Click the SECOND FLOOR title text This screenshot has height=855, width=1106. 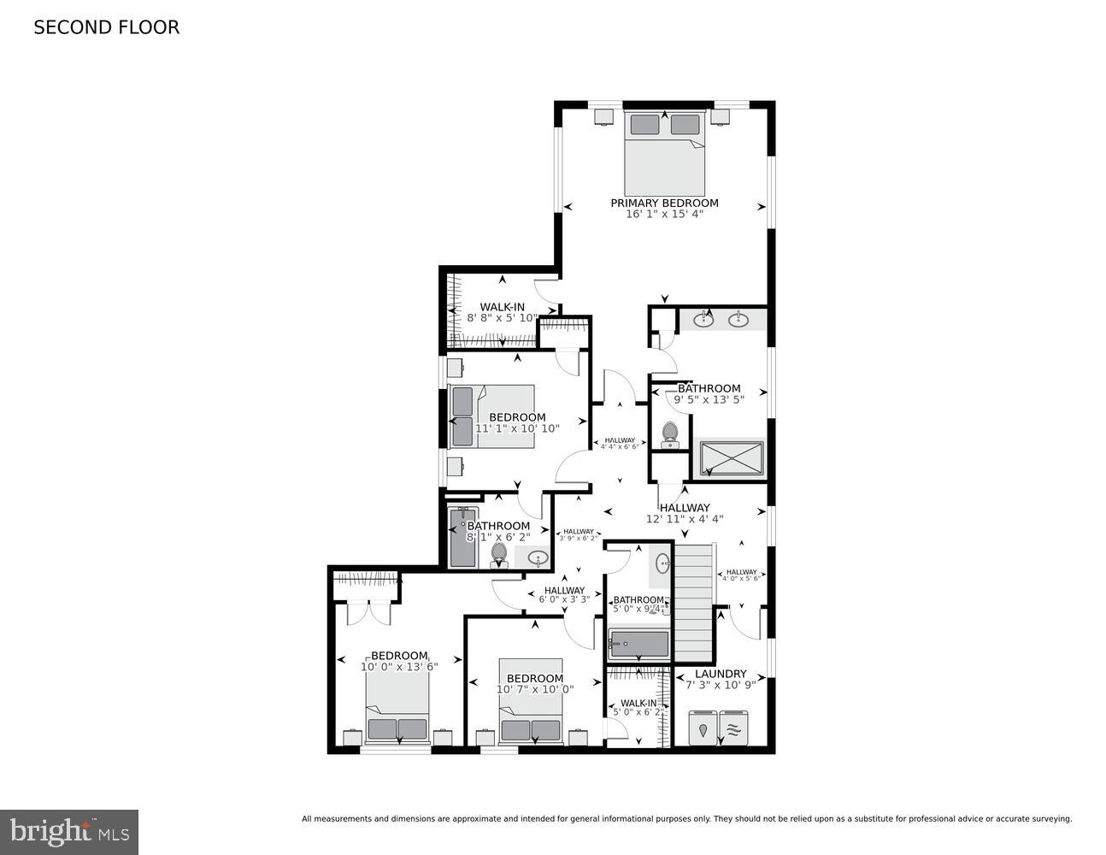click(x=106, y=27)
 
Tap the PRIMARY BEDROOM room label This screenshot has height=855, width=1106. click(x=664, y=203)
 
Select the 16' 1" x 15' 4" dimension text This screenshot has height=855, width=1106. click(x=664, y=214)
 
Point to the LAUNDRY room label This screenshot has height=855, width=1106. click(x=721, y=674)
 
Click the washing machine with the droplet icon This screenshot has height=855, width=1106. click(x=703, y=728)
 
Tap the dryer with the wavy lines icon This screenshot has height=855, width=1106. click(x=733, y=728)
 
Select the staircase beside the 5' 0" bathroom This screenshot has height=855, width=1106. click(x=694, y=603)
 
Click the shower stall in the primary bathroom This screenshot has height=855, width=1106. click(x=732, y=458)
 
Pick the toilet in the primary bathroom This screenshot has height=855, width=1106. click(x=669, y=433)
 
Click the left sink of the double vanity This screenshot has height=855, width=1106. click(x=703, y=320)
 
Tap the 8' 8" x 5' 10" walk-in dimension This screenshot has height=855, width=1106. click(x=502, y=318)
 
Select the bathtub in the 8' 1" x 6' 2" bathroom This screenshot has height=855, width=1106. click(x=462, y=537)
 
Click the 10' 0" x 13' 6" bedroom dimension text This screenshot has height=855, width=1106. click(x=399, y=667)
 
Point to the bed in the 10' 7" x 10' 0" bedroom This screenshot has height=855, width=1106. click(x=531, y=701)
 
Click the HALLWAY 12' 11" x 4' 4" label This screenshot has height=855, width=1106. click(x=685, y=513)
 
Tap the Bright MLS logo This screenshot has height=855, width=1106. click(x=69, y=831)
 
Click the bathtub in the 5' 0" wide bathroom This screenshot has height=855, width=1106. click(x=638, y=643)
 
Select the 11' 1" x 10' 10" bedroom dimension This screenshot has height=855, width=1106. click(x=517, y=428)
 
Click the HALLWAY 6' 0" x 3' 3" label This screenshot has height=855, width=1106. click(x=564, y=595)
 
